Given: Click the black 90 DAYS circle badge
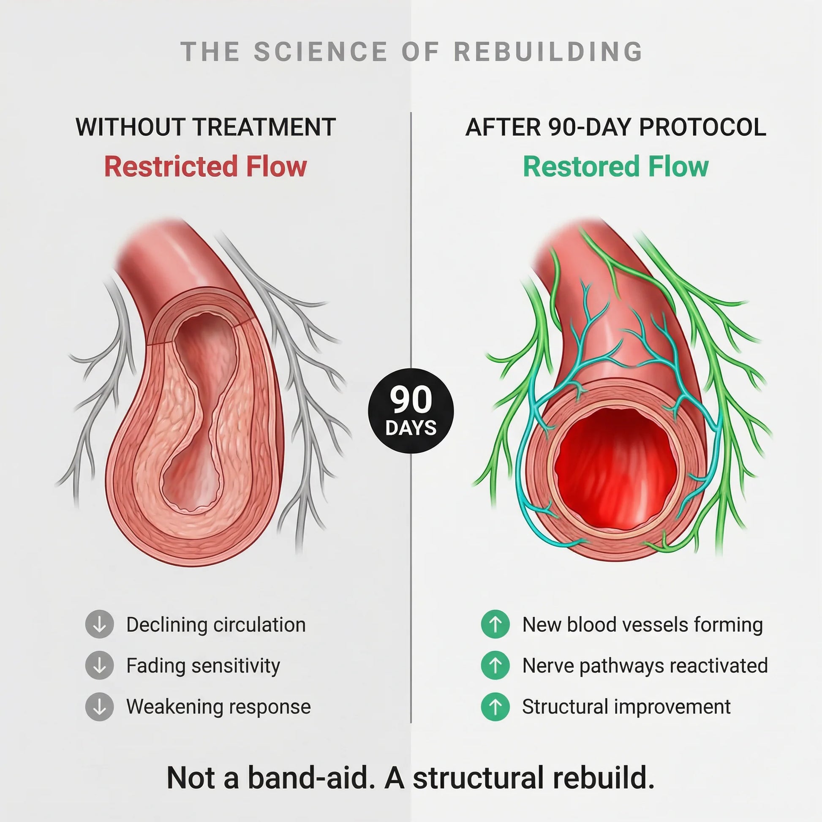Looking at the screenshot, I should [x=411, y=411].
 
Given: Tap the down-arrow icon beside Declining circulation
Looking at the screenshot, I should [x=100, y=624].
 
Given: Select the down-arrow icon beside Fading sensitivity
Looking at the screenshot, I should [x=100, y=665].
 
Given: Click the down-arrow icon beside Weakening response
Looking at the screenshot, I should [x=100, y=706].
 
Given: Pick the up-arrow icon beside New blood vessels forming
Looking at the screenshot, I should [x=495, y=624].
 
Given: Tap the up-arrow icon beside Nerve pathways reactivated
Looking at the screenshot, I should [x=495, y=665].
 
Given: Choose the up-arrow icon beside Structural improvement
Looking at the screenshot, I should [x=495, y=706].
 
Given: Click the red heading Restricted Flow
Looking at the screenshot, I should [x=205, y=166].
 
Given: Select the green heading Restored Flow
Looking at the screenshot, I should [x=615, y=166].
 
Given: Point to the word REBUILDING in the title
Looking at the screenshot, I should [x=548, y=52].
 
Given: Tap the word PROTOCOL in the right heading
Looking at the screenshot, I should [x=702, y=127].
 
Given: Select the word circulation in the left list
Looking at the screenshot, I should [x=259, y=625].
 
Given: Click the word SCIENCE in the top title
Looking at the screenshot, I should [x=320, y=52].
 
